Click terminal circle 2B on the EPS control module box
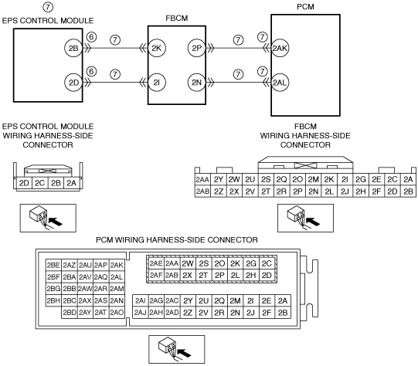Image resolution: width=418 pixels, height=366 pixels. coord(73,48)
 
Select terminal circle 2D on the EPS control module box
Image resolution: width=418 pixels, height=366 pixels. coord(73,83)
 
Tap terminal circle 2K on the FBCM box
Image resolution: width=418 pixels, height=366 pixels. coord(157,48)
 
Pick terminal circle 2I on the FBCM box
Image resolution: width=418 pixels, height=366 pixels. coord(157,83)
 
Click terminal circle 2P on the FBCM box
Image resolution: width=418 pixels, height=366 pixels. coord(197,48)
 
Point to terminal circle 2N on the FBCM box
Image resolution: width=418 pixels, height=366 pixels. coord(197,83)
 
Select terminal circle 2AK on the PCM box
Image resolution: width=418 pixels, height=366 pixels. coord(280,48)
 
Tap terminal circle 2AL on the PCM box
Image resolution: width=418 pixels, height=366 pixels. coord(280,83)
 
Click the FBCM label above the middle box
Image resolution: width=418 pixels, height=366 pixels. coord(177,18)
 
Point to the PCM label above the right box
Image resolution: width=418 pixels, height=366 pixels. coord(305,7)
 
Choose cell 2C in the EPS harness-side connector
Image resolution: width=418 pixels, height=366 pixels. coord(40,183)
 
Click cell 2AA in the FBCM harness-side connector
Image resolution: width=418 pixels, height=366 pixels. coord(202,180)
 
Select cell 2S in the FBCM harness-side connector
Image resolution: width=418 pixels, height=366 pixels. coord(266,180)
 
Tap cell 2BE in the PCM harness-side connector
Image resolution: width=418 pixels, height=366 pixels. coord(53,265)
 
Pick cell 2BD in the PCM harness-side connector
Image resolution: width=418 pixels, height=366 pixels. coord(70,312)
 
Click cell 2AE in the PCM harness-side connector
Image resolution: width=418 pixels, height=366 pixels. coord(156,263)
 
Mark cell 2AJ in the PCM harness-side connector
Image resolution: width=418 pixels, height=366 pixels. coord(140,312)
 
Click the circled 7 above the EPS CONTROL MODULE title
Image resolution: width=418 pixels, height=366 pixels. coord(48,7)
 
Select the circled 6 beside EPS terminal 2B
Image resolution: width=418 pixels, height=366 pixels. coord(91,37)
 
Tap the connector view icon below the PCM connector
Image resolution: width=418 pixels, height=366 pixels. coord(177,349)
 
